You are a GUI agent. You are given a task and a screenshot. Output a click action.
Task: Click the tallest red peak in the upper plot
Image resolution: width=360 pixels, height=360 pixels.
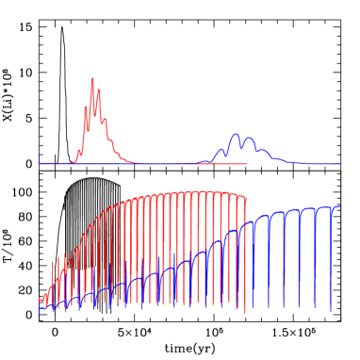pos(92,79)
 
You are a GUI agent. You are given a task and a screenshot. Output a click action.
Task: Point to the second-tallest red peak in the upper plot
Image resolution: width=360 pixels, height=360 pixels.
pos(99,90)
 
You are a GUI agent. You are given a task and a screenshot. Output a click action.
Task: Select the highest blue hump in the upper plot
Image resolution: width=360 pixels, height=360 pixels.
pos(235,135)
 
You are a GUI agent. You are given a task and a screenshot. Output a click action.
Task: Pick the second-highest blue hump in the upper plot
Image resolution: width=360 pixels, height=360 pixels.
pos(249,139)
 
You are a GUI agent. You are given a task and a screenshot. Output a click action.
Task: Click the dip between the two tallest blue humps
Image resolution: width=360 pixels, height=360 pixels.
pos(242,147)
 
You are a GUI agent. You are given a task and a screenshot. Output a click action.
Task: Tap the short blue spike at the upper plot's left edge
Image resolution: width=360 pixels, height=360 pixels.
pos(40,155)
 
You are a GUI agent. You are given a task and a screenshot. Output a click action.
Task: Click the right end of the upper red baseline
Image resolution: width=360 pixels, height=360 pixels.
pos(246,164)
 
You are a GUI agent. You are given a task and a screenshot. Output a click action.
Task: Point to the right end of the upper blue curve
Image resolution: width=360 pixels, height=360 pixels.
pos(339,164)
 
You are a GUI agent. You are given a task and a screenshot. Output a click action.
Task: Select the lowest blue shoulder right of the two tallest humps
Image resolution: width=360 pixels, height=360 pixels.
pos(279,158)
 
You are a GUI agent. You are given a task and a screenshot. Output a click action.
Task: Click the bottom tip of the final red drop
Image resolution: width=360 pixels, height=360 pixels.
pos(245,312)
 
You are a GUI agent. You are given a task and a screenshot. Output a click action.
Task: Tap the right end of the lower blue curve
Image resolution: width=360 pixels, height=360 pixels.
pos(339,206)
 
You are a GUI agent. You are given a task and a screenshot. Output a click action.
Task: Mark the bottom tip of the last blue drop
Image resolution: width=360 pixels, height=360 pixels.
pos(331,310)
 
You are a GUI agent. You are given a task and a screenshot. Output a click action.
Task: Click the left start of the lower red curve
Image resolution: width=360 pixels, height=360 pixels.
pos(40,301)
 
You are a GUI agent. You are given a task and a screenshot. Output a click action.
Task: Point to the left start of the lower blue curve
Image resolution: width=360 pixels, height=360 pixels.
pos(40,309)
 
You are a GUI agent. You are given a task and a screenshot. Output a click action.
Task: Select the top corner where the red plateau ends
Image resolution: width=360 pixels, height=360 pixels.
pos(245,197)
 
